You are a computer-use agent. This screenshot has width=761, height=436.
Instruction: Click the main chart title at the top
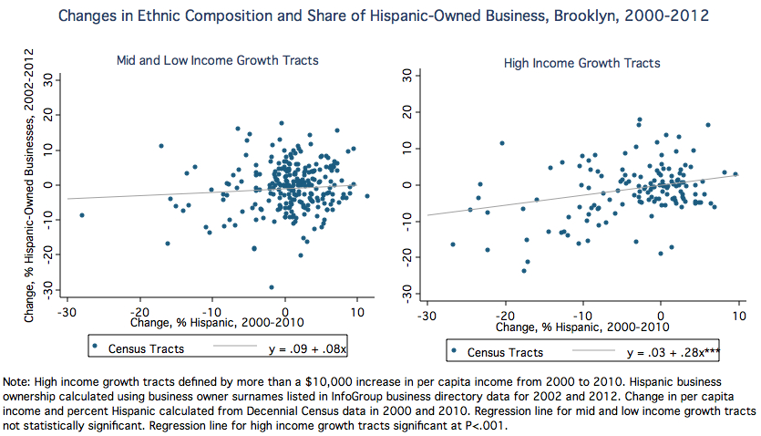[x=380, y=16]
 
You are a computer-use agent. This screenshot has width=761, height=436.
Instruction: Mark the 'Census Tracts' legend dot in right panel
[x=453, y=351]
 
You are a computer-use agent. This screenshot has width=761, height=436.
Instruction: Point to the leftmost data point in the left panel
[x=82, y=215]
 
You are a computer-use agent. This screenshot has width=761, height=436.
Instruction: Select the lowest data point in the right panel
[x=524, y=270]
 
